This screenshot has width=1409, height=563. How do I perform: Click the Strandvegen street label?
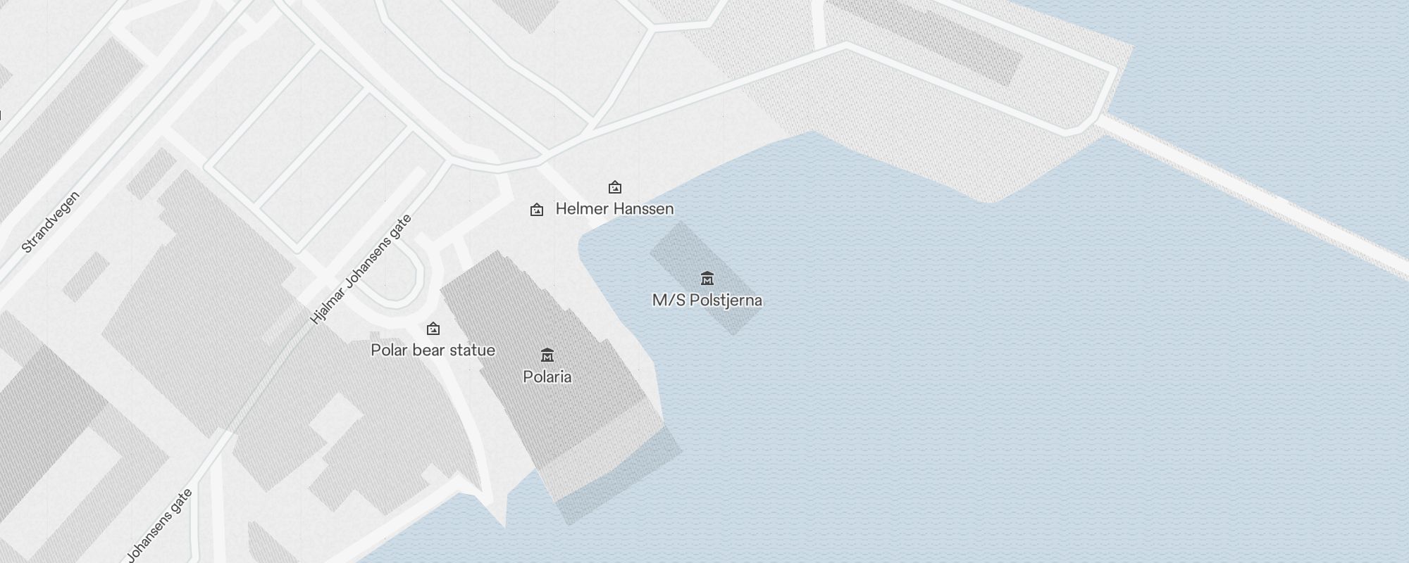coord(51,222)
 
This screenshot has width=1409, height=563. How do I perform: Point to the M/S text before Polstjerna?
coord(667,301)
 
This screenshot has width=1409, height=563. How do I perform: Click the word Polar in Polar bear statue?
coord(388,350)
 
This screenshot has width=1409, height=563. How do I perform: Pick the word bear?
coord(433,350)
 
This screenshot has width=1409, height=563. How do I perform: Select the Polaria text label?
coord(547,377)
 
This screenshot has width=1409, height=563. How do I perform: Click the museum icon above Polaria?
coord(547,355)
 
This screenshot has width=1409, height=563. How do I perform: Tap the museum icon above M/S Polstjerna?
coord(707,278)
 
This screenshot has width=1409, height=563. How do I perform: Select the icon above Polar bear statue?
coord(433,329)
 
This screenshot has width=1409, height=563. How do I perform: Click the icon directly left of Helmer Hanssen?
coord(537,210)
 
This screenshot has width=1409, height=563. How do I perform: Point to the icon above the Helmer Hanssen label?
coord(615,187)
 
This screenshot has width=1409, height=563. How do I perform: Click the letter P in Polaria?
coord(528,377)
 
